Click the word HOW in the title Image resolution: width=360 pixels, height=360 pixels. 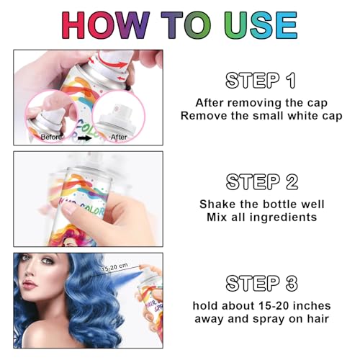coord(106,25)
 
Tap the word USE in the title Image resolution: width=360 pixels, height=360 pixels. coord(261,25)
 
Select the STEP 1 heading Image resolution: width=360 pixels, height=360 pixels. coord(261,80)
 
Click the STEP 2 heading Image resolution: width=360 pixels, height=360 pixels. coord(262,181)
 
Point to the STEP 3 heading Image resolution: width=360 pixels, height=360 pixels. coord(262,283)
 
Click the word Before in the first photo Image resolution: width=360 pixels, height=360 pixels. coord(51,137)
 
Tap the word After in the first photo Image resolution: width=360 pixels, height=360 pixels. coord(119,137)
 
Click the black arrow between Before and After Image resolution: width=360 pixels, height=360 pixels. coord(85,138)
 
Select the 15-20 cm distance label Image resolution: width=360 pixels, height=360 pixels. coord(114,267)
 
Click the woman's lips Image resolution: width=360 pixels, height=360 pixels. coord(30,284)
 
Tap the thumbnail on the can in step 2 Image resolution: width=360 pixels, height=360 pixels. coord(71,210)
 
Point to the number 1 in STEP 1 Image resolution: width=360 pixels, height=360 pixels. coord(292,81)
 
